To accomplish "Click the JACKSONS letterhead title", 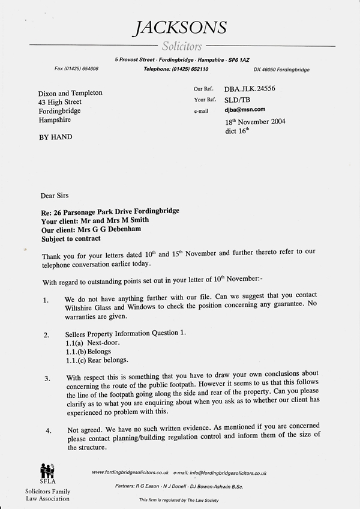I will pyautogui.click(x=180, y=27).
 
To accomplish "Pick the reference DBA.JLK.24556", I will pyautogui.click(x=249, y=89).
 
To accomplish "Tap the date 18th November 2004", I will pyautogui.click(x=251, y=121).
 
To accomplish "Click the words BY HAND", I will pyautogui.click(x=55, y=137).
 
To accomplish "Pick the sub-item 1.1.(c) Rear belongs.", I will pyautogui.click(x=97, y=360).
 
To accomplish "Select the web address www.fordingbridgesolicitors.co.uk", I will pyautogui.click(x=130, y=473).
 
